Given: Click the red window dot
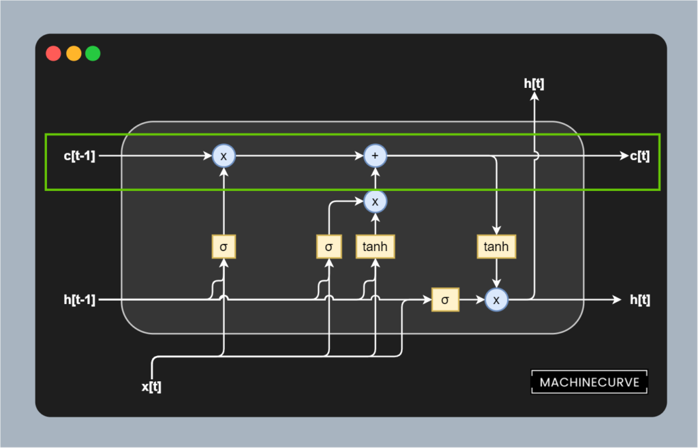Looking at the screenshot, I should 53,53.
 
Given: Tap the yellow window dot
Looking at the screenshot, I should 73,53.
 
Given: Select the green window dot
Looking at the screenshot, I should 93,53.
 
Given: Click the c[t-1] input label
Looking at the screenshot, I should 80,156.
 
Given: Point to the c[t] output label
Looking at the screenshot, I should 639,156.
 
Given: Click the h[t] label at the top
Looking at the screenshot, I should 534,84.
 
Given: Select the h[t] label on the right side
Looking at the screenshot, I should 639,299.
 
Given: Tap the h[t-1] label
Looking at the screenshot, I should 80,299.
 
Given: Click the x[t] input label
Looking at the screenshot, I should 151,387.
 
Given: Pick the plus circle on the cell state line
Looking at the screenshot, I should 374,156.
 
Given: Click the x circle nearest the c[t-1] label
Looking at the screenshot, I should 223,156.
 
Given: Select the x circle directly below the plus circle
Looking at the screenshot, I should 374,200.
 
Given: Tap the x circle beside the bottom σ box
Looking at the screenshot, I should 496,299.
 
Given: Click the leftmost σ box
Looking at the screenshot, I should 223,246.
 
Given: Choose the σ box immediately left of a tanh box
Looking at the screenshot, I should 329,246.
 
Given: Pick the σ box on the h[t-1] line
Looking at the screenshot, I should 445,299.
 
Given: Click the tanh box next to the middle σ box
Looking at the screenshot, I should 375,246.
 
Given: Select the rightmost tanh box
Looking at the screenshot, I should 496,246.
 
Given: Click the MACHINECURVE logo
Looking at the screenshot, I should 590,383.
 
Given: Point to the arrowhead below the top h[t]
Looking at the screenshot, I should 534,98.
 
